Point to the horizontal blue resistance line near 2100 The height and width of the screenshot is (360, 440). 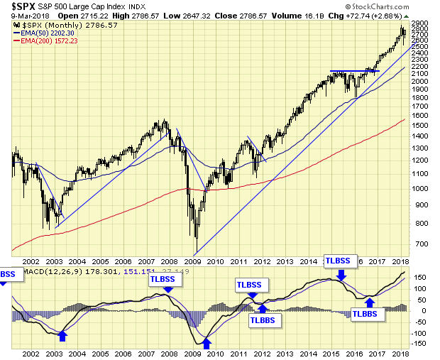pos(355,71)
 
